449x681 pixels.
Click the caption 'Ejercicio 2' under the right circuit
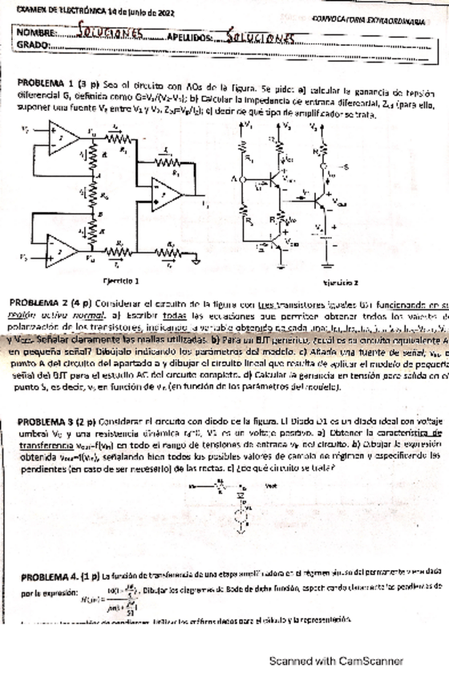click(x=341, y=283)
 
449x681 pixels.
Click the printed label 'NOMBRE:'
click(x=36, y=35)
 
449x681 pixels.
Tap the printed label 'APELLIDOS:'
click(x=190, y=37)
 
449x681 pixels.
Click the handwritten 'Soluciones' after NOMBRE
click(x=111, y=35)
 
